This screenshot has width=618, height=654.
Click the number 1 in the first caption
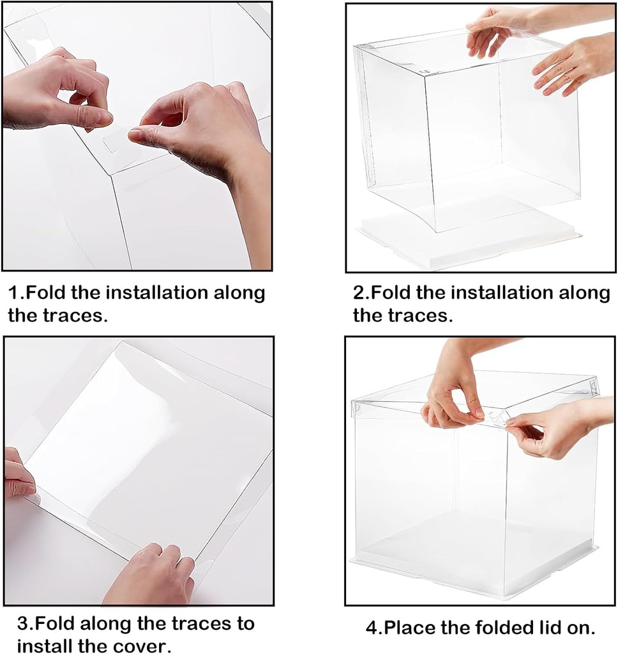[x=13, y=294]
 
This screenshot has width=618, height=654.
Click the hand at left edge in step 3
[x=18, y=476]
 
